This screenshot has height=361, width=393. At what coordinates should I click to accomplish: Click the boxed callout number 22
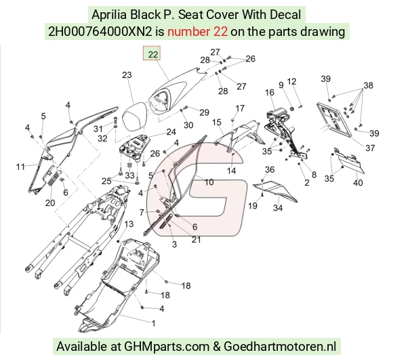pos(152,54)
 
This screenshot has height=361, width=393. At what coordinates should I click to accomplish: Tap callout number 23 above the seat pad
pos(127,75)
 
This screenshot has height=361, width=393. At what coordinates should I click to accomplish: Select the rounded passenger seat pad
pos(135,117)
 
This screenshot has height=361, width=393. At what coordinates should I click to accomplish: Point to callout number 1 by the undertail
pos(154,323)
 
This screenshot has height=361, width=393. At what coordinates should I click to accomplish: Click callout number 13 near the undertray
pos(129,224)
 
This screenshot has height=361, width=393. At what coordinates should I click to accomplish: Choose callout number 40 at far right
pos(358,183)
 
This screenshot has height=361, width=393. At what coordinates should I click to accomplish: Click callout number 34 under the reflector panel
pos(278,208)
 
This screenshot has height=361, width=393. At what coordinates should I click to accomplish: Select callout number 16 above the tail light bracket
pos(270,92)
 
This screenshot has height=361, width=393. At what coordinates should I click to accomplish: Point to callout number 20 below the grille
pos(50,203)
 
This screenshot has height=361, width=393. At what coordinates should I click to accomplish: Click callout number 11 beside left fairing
pos(20,167)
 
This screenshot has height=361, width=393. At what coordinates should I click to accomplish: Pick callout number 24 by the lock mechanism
pos(171,132)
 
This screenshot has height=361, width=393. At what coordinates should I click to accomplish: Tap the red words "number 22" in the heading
pos(197,32)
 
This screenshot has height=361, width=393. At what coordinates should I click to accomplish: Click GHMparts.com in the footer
pos(167,347)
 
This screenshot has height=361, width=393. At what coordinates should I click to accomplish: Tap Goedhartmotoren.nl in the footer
pos(280,347)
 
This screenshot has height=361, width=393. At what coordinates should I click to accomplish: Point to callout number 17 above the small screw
pos(240,108)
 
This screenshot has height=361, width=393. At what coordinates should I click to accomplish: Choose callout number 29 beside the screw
pos(204,112)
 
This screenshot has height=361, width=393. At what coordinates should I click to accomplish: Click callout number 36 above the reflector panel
pos(270,169)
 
